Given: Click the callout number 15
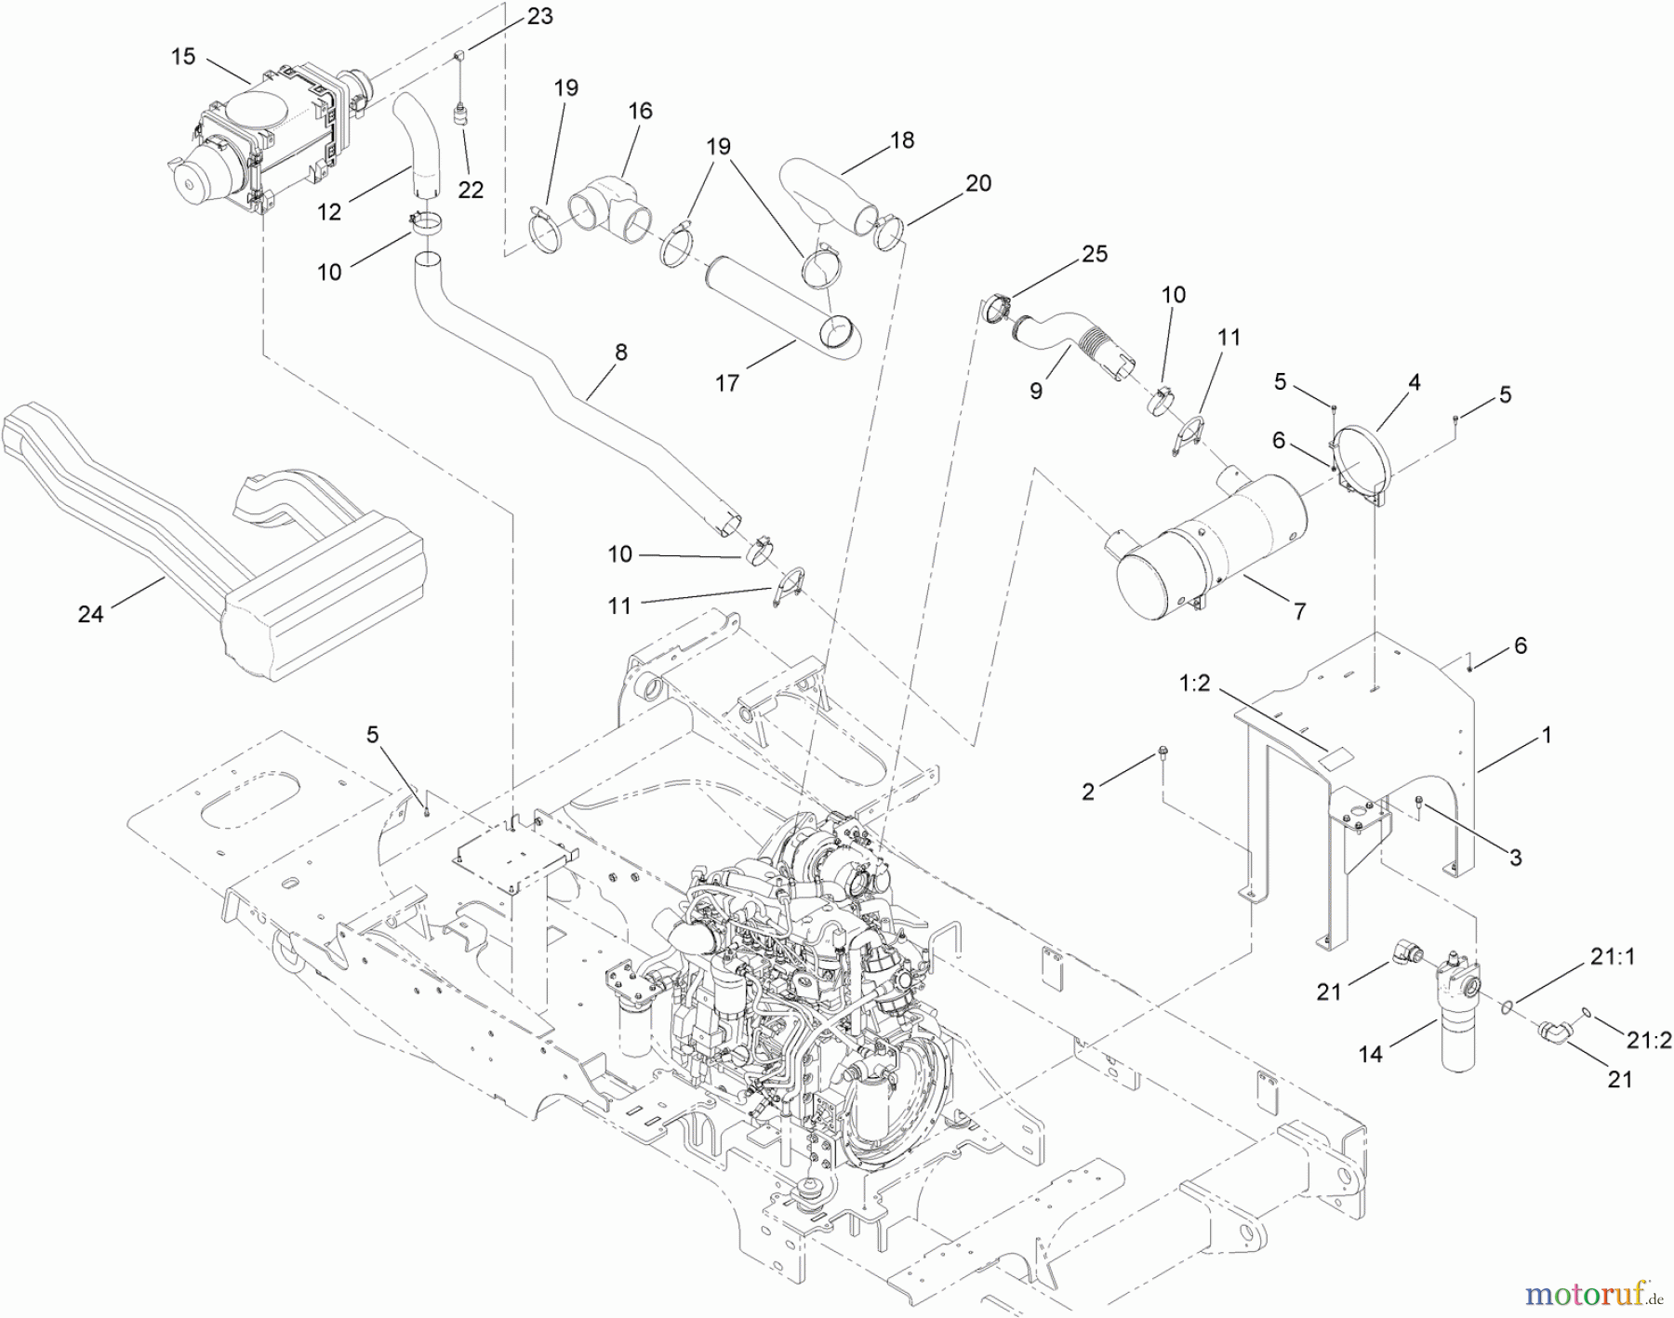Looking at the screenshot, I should tap(183, 57).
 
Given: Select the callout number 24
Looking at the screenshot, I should tap(90, 614).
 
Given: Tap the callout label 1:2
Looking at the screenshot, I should tap(1194, 685).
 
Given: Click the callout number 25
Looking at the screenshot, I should tap(1095, 254).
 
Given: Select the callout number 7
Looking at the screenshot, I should tap(1299, 611).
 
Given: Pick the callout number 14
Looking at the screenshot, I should tap(1371, 1053).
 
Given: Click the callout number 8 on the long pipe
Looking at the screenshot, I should tap(621, 353).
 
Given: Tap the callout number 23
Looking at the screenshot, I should tap(539, 16).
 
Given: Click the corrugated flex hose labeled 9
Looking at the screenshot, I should tap(1069, 344).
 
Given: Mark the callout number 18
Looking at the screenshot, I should tap(901, 140).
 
